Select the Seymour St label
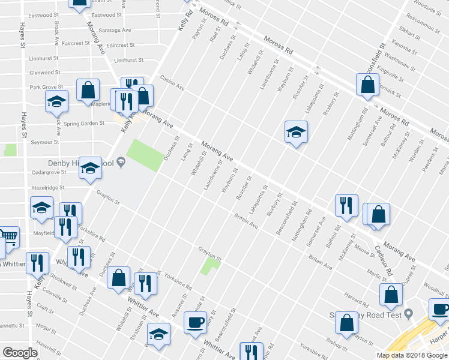[x=45, y=142]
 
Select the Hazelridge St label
[x=47, y=188]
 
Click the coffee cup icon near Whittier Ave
[x=195, y=322]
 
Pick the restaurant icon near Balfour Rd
[x=346, y=205]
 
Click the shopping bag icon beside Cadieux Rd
[x=379, y=214]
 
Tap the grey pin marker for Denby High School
[x=121, y=161]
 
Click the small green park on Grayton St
[x=210, y=263]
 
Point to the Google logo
[x=20, y=353]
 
